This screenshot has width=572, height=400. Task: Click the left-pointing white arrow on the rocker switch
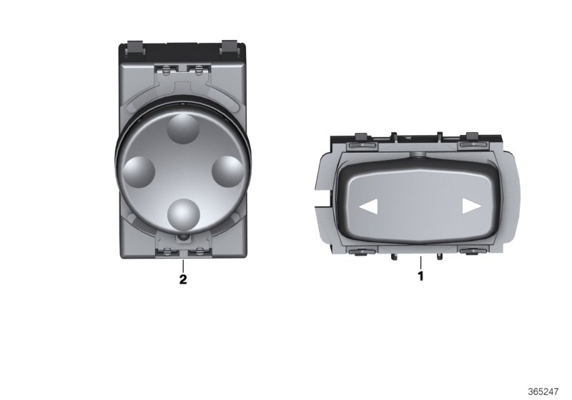point(368,207)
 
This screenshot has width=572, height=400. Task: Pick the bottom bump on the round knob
point(184,212)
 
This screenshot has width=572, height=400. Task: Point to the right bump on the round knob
point(229,171)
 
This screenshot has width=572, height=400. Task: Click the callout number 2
point(183,279)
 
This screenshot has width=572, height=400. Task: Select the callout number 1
point(420,274)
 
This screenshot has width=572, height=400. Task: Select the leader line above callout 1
point(420,260)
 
